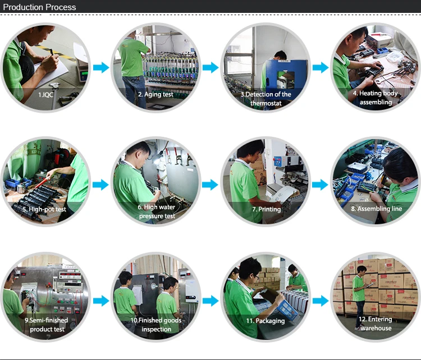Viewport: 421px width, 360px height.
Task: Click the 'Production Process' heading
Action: coord(40,7)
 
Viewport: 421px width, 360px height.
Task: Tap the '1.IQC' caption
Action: coord(46,95)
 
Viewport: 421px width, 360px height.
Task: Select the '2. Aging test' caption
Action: coord(155,94)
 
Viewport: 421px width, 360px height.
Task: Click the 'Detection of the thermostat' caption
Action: coord(266,99)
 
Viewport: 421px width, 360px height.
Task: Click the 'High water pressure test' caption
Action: coord(156,211)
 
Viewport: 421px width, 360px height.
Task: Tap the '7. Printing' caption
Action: coord(266,209)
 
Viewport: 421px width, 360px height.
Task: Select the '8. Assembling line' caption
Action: coord(376,209)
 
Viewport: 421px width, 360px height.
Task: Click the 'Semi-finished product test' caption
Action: coord(47,324)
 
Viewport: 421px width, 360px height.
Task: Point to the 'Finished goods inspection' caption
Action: coord(156,325)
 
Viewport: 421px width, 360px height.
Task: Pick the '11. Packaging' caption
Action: coord(266,321)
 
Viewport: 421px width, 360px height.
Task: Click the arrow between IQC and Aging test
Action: coord(101,68)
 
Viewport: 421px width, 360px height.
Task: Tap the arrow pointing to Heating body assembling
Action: coord(320,68)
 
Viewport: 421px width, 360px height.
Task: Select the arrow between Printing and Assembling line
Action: coord(320,184)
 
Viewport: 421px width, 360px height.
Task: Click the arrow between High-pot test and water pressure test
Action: coord(101,184)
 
